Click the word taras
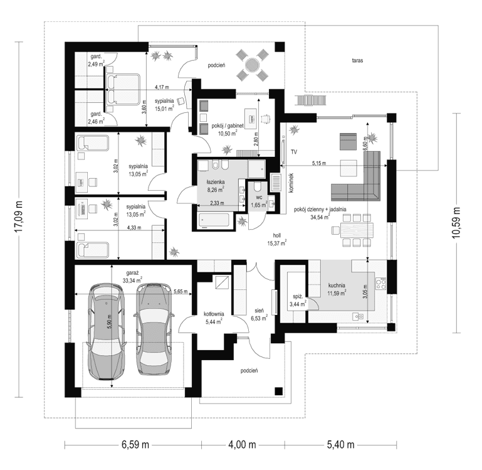[x=357, y=61]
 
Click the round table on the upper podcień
[x=252, y=64]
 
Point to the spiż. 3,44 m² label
[x=297, y=300]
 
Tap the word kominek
[x=291, y=182]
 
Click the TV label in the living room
[x=293, y=152]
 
